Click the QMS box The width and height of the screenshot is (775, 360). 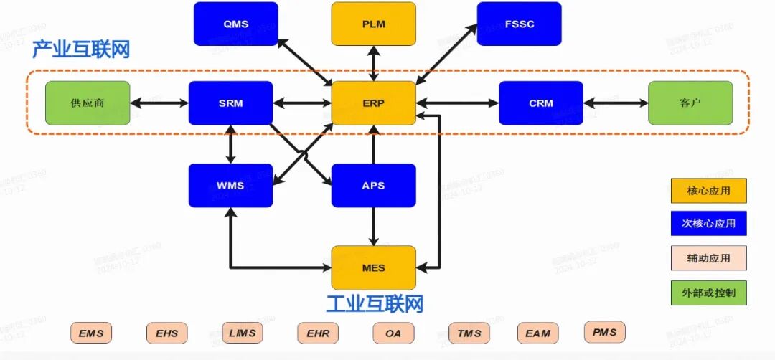[235, 24]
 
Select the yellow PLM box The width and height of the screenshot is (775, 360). [373, 24]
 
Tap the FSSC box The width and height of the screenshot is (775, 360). [519, 24]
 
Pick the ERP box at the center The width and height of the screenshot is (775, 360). [373, 103]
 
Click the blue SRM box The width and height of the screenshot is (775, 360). [230, 103]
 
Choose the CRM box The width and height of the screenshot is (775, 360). [541, 103]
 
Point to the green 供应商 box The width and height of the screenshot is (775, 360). [88, 103]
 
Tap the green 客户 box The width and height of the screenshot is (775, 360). [690, 103]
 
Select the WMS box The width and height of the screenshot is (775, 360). [230, 186]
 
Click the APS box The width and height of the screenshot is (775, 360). [373, 186]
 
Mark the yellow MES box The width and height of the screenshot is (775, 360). [373, 268]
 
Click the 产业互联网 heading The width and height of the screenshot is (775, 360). [81, 50]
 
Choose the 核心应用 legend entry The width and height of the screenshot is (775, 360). [708, 191]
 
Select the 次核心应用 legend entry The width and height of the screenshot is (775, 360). [708, 223]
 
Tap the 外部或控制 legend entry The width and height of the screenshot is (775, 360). [708, 293]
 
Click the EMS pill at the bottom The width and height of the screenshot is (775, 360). [91, 333]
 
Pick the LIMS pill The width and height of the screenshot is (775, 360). [243, 333]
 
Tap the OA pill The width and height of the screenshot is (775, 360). [393, 333]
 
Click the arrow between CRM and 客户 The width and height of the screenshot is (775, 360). [616, 103]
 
